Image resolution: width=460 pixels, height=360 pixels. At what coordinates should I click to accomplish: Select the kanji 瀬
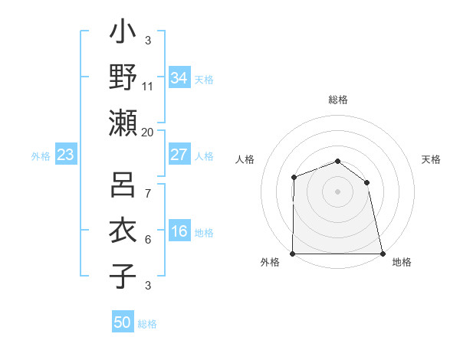tap(123, 122)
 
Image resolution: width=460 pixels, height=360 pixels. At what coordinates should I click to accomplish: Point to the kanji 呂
tap(123, 185)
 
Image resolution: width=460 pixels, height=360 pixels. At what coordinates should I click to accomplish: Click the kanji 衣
tap(123, 231)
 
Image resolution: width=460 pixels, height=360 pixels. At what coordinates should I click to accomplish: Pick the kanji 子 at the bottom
tap(123, 277)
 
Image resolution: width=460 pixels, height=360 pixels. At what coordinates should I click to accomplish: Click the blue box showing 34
tap(179, 77)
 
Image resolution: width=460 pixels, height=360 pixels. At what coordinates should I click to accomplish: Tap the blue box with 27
tap(179, 155)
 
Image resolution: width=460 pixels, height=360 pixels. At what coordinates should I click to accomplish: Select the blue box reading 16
tap(179, 232)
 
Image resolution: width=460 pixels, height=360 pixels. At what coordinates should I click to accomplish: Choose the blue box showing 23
tap(66, 155)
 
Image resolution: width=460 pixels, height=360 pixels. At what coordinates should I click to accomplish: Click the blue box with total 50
tap(123, 322)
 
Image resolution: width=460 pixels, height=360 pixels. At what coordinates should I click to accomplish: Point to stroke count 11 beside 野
tap(148, 87)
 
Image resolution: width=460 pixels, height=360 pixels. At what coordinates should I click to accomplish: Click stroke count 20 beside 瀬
tap(147, 132)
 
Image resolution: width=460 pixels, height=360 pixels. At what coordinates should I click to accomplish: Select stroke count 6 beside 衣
tap(147, 240)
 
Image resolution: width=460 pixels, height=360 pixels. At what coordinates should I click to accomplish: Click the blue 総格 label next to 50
tap(147, 324)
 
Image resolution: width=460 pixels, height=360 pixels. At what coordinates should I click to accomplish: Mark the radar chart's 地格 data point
tap(382, 254)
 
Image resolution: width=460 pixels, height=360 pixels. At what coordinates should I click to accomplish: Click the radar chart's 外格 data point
tap(293, 254)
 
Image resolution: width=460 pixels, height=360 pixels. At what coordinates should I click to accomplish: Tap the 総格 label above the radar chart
tap(338, 100)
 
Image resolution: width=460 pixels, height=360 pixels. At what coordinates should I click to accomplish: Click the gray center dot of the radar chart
tap(337, 191)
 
